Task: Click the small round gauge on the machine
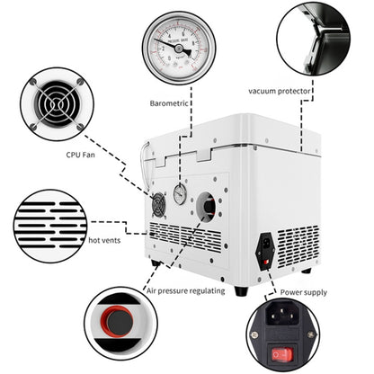coord(180,194)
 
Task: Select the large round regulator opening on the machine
coord(207,206)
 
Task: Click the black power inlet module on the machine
coord(265,251)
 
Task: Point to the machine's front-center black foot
coord(240,289)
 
